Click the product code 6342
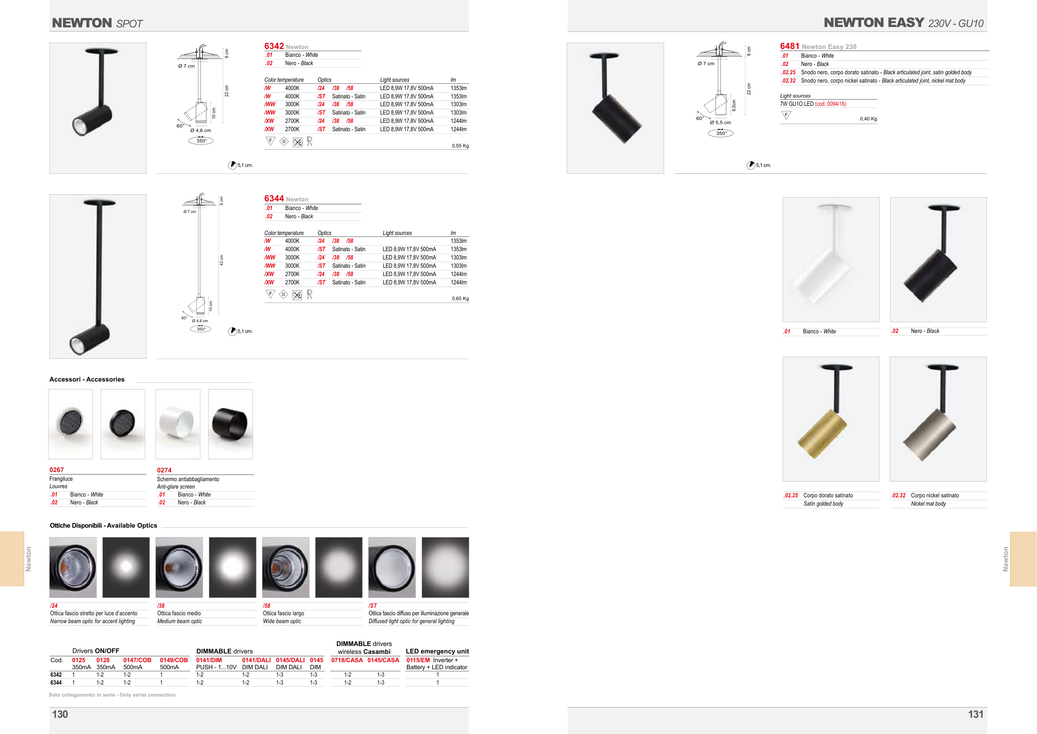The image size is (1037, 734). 274,46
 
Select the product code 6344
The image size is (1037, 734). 274,198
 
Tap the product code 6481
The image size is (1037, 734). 789,46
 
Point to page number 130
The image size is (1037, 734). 60,714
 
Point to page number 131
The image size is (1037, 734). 976,714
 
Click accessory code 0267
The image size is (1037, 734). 56,470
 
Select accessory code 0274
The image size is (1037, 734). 164,470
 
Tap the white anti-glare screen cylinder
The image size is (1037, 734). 177,423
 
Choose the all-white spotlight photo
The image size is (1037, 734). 831,259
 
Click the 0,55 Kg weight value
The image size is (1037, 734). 460,146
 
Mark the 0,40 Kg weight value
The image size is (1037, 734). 868,119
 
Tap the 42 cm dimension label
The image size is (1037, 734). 222,260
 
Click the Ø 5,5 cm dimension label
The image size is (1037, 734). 720,122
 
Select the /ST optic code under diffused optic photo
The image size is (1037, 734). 372,606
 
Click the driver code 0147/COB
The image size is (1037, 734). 137,660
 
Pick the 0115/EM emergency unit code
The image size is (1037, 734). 418,660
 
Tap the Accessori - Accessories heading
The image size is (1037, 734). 87,379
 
